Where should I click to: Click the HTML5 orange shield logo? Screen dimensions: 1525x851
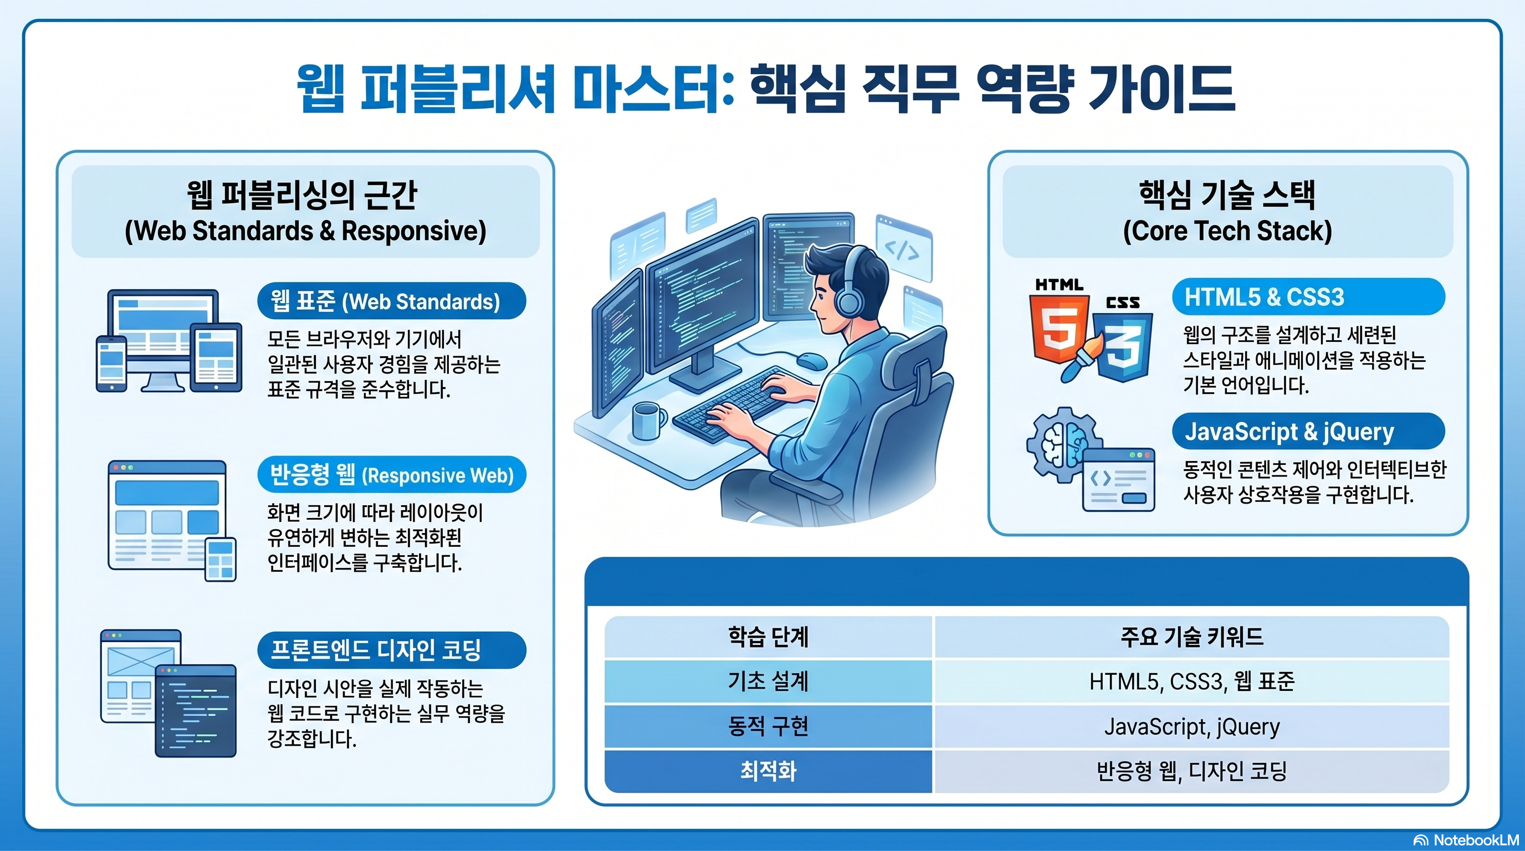pyautogui.click(x=1059, y=327)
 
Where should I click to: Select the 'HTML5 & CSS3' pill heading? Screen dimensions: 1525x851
pyautogui.click(x=1308, y=296)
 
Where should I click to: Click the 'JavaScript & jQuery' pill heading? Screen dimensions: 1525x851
pyautogui.click(x=1308, y=432)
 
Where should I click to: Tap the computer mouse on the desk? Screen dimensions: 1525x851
pyautogui.click(x=812, y=359)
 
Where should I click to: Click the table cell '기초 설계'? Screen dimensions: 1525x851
pyautogui.click(x=768, y=681)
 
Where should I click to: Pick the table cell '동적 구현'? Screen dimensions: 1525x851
pyautogui.click(x=768, y=726)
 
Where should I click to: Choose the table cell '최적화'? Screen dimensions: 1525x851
pyautogui.click(x=768, y=771)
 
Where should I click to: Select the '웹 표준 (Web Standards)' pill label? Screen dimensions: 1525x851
pyautogui.click(x=391, y=301)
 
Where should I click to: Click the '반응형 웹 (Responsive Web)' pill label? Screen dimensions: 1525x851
pyautogui.click(x=391, y=475)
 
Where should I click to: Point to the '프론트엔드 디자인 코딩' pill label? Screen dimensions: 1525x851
pyautogui.click(x=391, y=650)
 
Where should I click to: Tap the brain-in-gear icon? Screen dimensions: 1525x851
pyautogui.click(x=1064, y=444)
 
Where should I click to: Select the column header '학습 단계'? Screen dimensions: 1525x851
pyautogui.click(x=768, y=637)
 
